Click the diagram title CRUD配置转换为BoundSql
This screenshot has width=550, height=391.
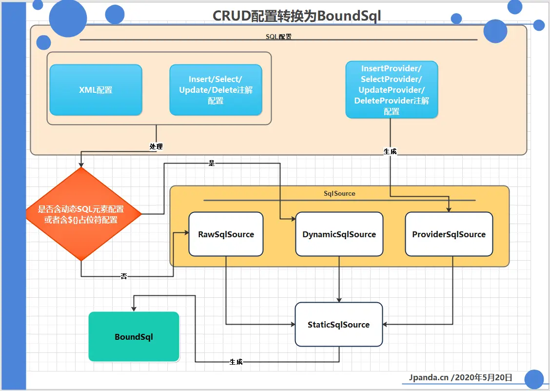pyautogui.click(x=296, y=16)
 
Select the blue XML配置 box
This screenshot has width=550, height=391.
pyautogui.click(x=96, y=90)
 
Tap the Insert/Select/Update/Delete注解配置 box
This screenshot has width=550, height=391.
pyautogui.click(x=216, y=90)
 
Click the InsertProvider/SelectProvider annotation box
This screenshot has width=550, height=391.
pyautogui.click(x=392, y=90)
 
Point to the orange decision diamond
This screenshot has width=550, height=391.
pyautogui.click(x=81, y=214)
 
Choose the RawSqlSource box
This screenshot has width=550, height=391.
pyautogui.click(x=226, y=234)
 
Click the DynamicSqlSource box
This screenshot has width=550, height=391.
pyautogui.click(x=339, y=234)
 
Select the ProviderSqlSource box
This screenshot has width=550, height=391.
pyautogui.click(x=449, y=234)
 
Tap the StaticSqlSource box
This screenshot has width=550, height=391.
pyautogui.click(x=338, y=325)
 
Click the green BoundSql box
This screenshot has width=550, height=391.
pyautogui.click(x=134, y=337)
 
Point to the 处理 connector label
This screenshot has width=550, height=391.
pyautogui.click(x=156, y=146)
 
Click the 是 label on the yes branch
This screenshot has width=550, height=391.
pyautogui.click(x=212, y=164)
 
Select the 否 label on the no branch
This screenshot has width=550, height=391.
pyautogui.click(x=124, y=276)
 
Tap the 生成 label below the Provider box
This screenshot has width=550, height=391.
pyautogui.click(x=390, y=152)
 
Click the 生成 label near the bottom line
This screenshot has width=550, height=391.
pyautogui.click(x=236, y=362)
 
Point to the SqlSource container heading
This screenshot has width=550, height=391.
pyautogui.click(x=339, y=194)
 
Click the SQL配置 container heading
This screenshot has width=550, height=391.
pyautogui.click(x=278, y=37)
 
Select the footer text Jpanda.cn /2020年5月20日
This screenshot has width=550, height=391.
pyautogui.click(x=460, y=377)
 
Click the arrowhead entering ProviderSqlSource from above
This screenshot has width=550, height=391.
pyautogui.click(x=449, y=209)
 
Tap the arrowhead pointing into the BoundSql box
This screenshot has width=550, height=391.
pyautogui.click(x=134, y=309)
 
